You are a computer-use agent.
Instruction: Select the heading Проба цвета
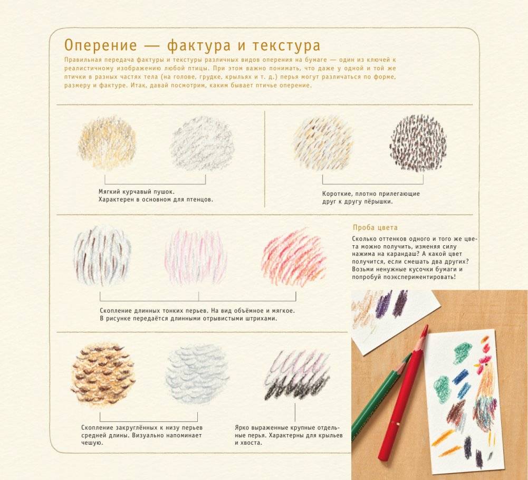(x=375, y=228)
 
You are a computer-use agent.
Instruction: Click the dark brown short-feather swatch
(x=418, y=142)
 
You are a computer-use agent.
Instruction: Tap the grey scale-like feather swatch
(x=197, y=373)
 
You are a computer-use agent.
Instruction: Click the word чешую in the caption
(x=92, y=443)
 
